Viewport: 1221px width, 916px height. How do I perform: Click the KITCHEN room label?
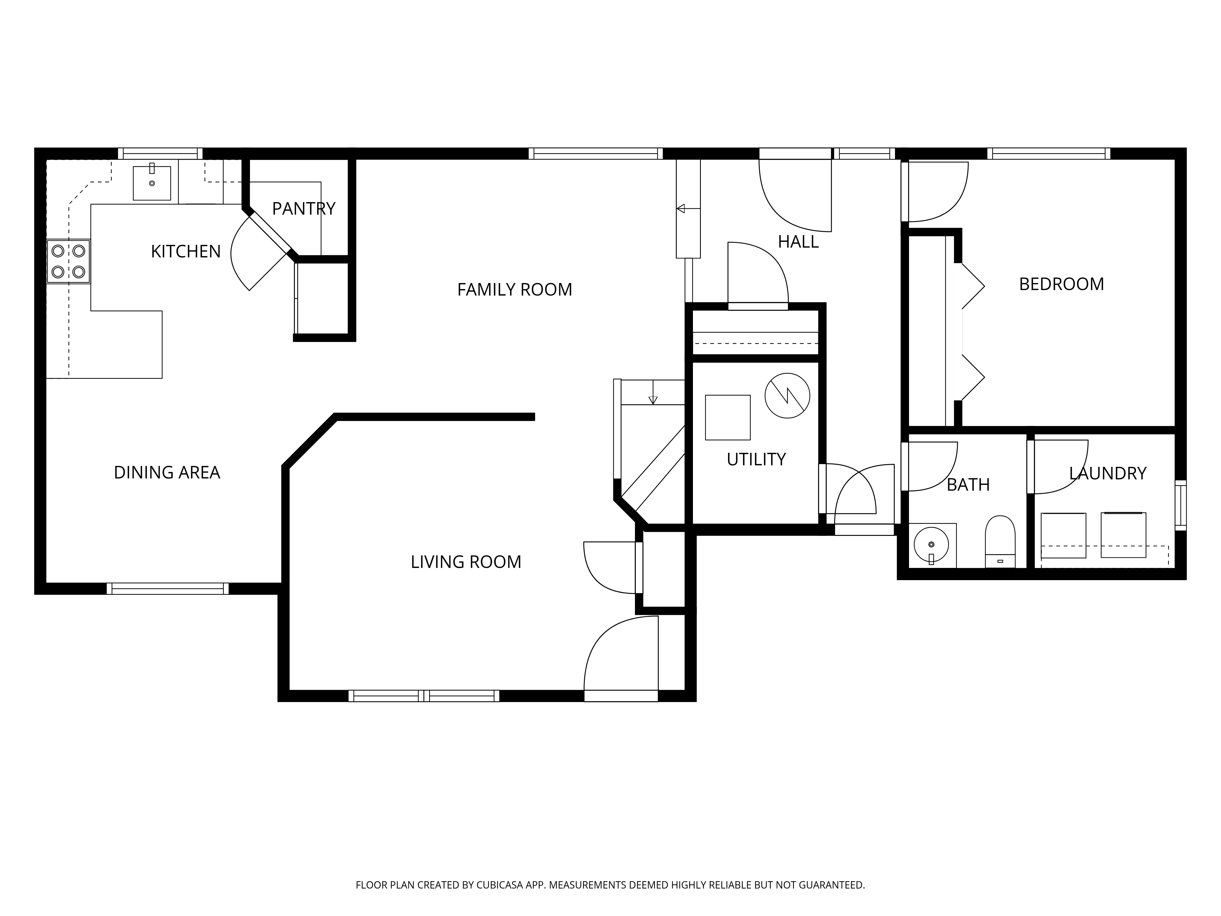tap(186, 252)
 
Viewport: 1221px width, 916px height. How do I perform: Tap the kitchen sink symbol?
tap(152, 183)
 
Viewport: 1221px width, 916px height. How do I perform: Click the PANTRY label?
tap(304, 209)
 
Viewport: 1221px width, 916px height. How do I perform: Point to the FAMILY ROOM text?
tap(514, 290)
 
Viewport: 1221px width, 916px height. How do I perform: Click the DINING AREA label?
tap(167, 473)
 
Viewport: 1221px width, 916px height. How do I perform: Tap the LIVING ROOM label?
tap(466, 562)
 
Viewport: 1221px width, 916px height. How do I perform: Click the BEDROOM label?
tap(1061, 284)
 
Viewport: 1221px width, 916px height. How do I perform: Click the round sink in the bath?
tap(931, 545)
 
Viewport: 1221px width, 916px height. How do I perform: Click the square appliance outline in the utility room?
tap(727, 417)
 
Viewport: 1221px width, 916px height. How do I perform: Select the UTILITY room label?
tap(756, 460)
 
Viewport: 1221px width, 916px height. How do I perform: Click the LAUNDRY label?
tap(1107, 474)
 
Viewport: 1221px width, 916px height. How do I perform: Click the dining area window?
tap(167, 589)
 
